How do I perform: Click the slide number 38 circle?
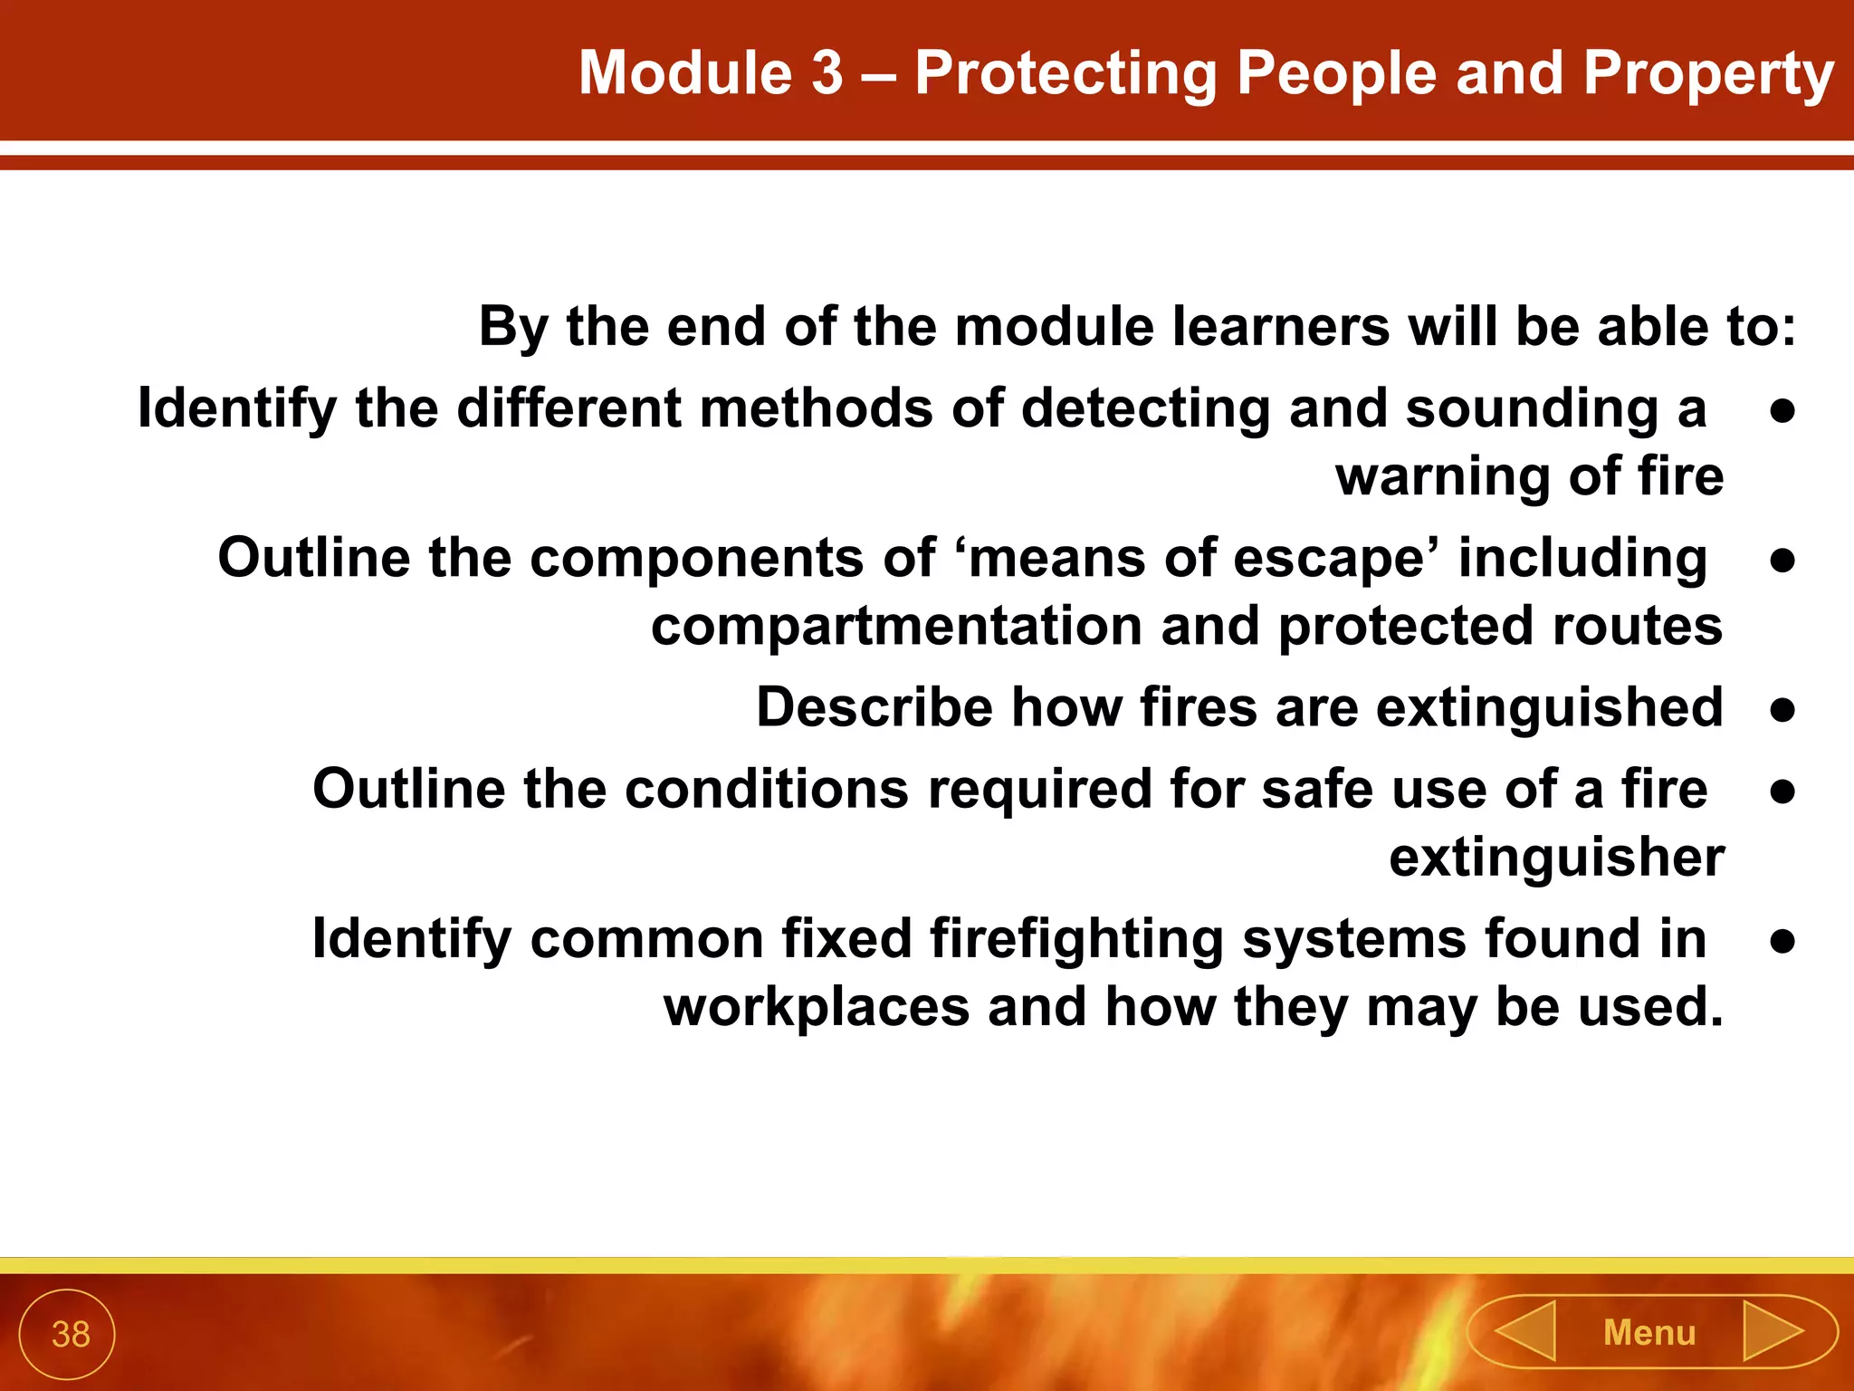pyautogui.click(x=67, y=1334)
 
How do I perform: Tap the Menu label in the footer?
pyautogui.click(x=1649, y=1333)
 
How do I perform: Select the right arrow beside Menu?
pyautogui.click(x=1772, y=1331)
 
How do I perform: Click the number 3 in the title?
pyautogui.click(x=827, y=72)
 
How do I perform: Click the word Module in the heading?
pyautogui.click(x=685, y=72)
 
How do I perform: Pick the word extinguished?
pyautogui.click(x=1549, y=707)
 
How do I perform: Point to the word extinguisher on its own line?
pyautogui.click(x=1556, y=858)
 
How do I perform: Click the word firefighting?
pyautogui.click(x=1076, y=939)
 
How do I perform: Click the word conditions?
pyautogui.click(x=766, y=789)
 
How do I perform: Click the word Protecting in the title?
pyautogui.click(x=1066, y=74)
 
